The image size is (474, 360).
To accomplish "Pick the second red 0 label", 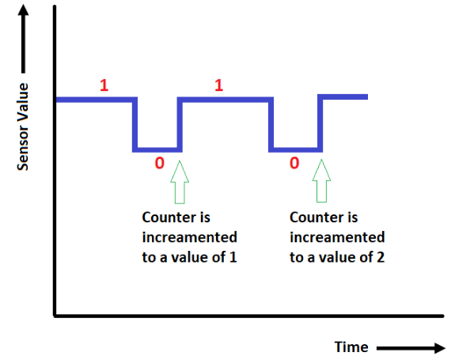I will point(294,165).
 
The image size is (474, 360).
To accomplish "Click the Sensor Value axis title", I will point(23,126).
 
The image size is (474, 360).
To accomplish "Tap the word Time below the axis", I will point(351,347).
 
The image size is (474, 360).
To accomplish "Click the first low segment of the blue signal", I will point(157,150).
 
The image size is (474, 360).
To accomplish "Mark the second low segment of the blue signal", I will point(296,150).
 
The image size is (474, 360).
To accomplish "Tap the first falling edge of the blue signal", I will point(135,124).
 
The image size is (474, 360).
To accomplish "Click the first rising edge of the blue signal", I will point(180,124).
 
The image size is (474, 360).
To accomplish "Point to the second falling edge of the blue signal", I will point(272,124).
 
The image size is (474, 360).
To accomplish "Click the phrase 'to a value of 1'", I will point(189,257).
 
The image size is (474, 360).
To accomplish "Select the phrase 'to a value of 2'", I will point(338,257).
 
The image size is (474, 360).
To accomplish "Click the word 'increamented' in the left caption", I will point(189,237).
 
